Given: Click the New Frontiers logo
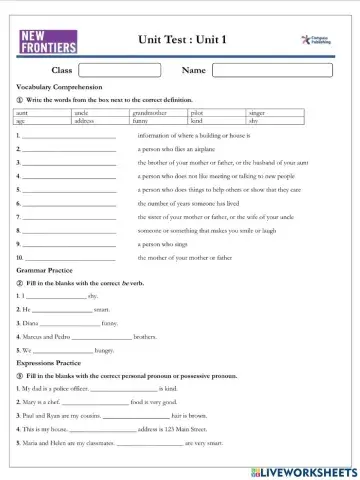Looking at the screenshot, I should coord(46,43).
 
